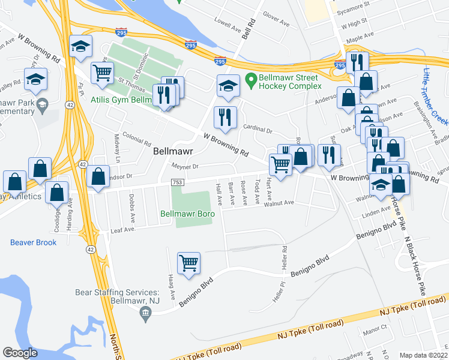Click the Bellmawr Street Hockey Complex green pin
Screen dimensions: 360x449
[x=251, y=79]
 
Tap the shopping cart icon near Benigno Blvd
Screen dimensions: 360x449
[x=188, y=263]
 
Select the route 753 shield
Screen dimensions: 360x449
[x=177, y=182]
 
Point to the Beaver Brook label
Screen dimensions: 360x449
[x=33, y=242]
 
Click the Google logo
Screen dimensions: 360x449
[x=20, y=352]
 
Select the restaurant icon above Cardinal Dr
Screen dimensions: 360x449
[x=225, y=117]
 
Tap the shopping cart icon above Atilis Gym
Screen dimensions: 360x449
[x=102, y=73]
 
